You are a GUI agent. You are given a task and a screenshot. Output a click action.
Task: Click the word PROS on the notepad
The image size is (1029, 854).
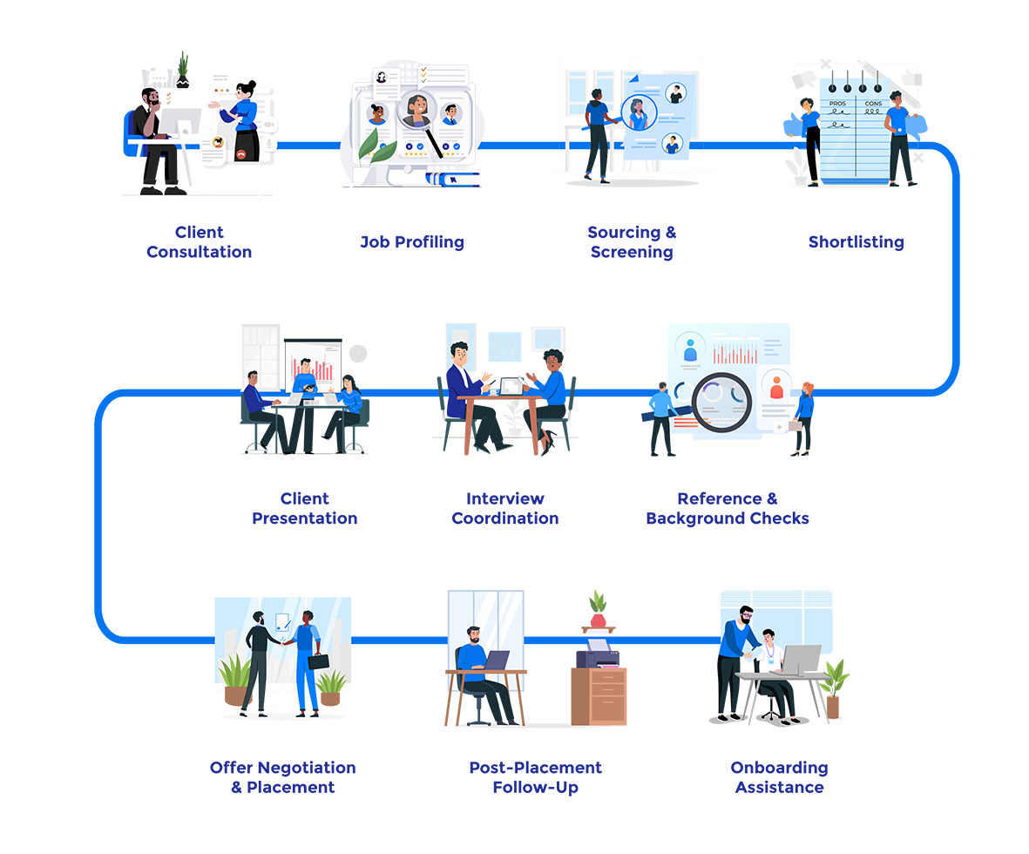pyautogui.click(x=837, y=104)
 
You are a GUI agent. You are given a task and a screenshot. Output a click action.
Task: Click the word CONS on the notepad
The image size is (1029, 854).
pyautogui.click(x=874, y=104)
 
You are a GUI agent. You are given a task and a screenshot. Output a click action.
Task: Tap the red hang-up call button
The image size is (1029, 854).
pyautogui.click(x=240, y=153)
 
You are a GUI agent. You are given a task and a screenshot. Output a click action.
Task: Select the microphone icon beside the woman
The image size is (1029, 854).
pyautogui.click(x=268, y=144)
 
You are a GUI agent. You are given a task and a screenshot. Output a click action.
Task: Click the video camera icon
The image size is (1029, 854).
pyautogui.click(x=268, y=125)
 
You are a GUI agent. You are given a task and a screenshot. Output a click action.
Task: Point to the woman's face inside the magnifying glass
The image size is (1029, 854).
pyautogui.click(x=417, y=109)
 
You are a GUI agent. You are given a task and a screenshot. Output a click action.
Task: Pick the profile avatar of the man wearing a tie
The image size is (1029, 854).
pyautogui.click(x=450, y=114)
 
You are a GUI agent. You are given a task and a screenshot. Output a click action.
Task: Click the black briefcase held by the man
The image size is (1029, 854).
pyautogui.click(x=317, y=661)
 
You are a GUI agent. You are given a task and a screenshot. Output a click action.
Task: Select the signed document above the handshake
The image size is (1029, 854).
pyautogui.click(x=282, y=622)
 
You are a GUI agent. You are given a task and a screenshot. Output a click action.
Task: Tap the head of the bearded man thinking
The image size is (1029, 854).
pyautogui.click(x=153, y=101)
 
